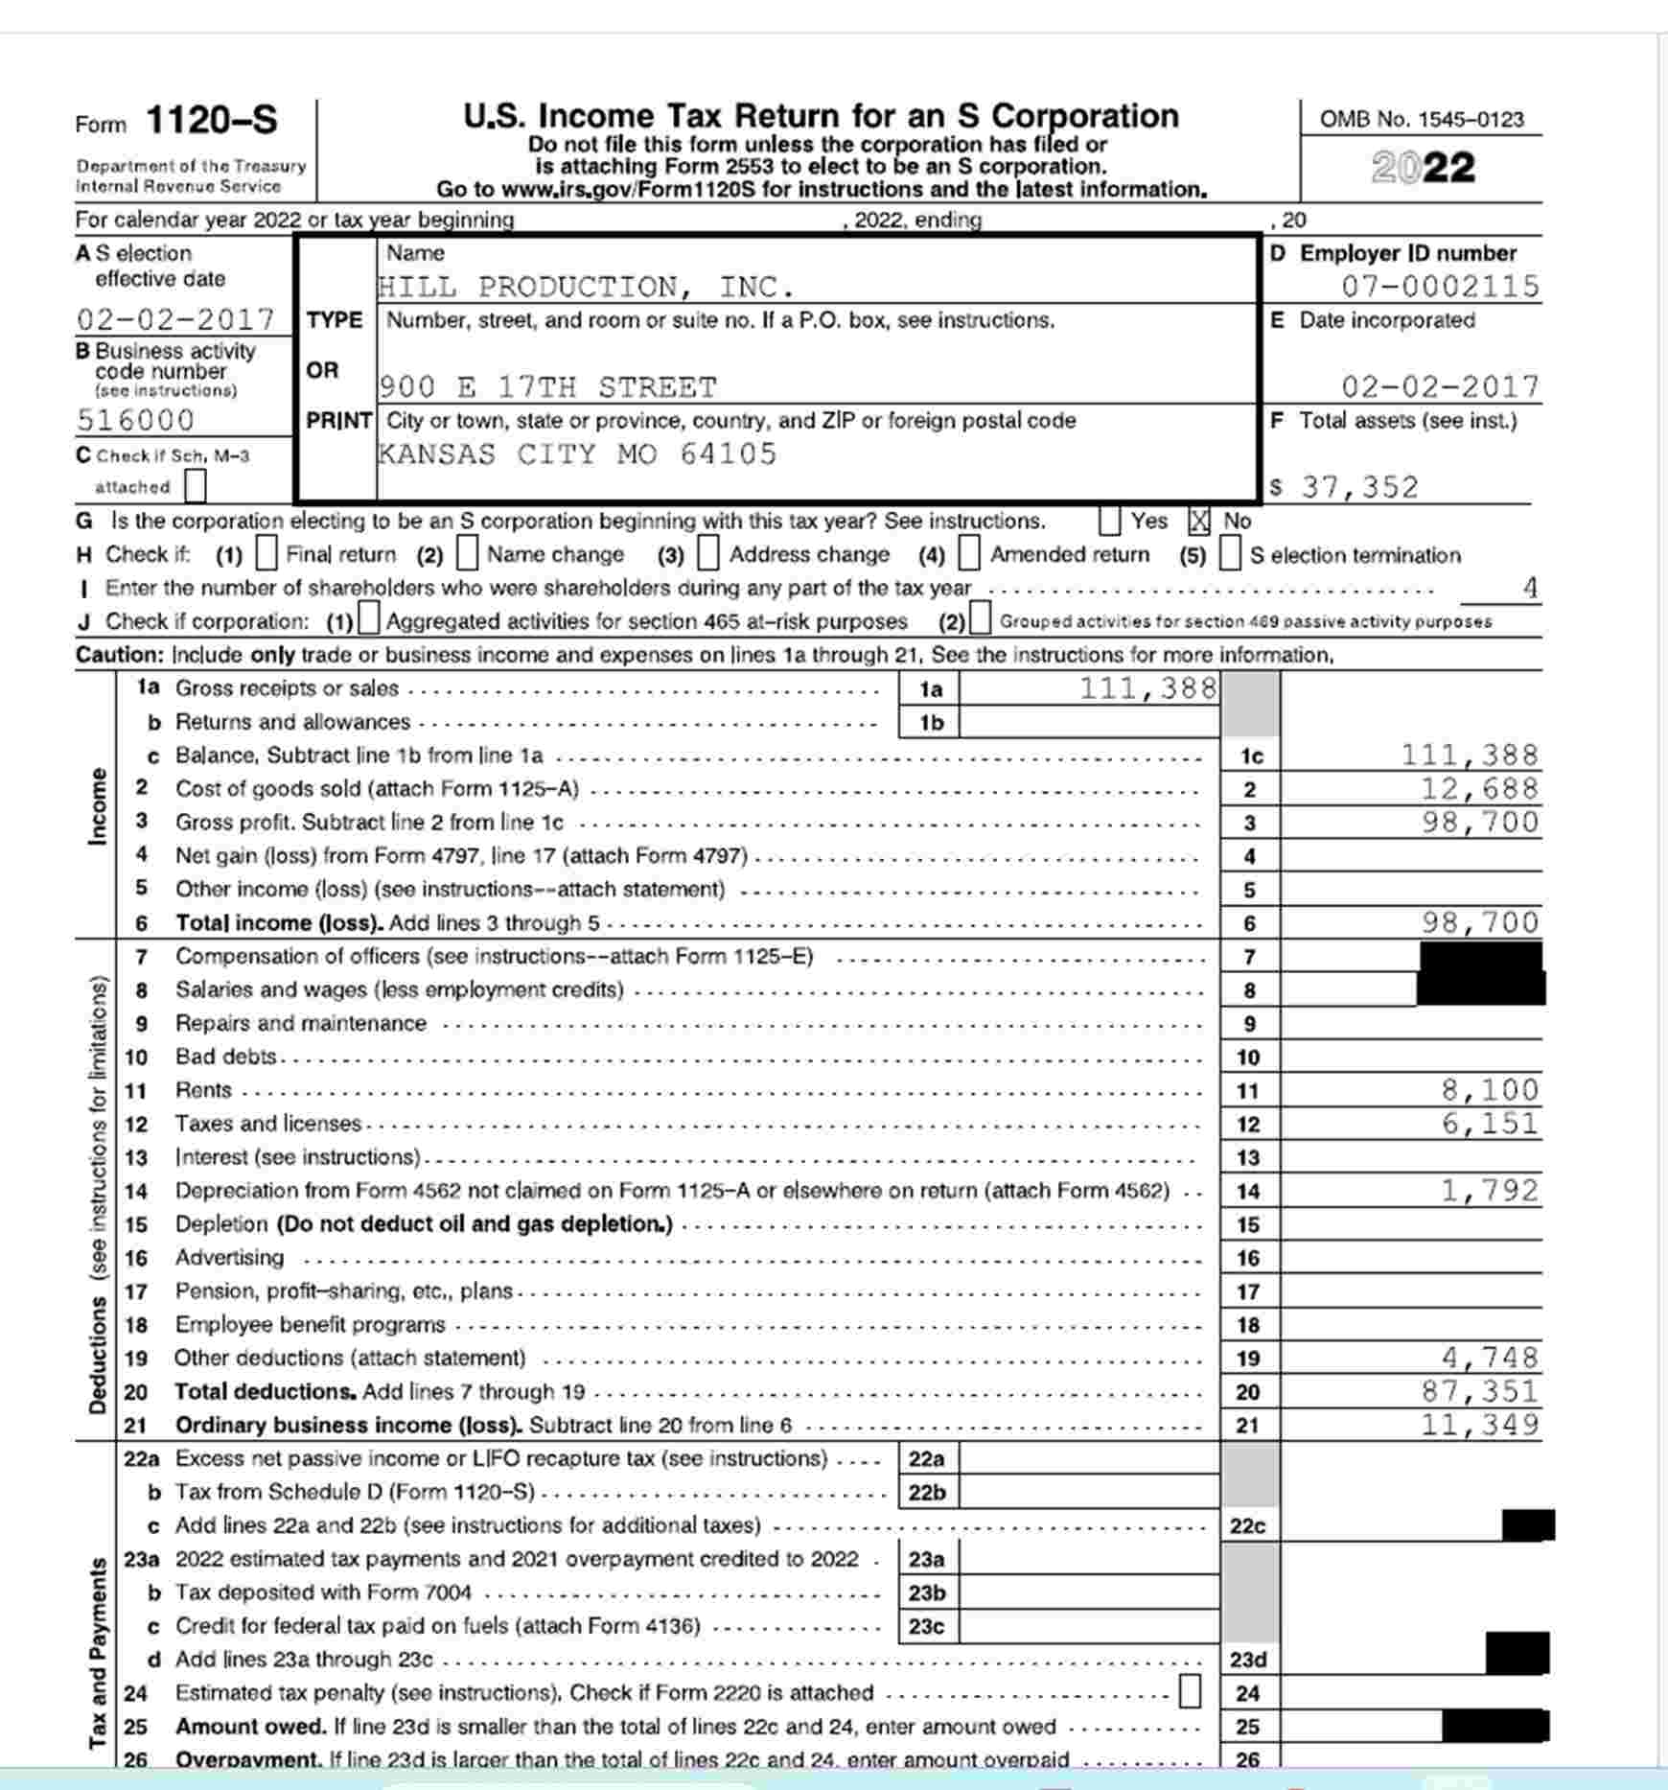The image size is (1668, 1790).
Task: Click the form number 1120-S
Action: coord(211,122)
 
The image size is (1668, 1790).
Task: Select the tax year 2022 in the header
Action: coord(1423,168)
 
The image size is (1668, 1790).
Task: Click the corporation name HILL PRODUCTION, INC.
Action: coord(586,287)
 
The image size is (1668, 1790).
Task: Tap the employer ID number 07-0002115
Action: coord(1439,286)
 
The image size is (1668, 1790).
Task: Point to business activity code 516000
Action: coord(135,420)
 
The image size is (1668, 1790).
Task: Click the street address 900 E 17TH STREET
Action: coord(547,387)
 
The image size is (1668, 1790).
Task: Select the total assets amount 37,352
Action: coord(1359,487)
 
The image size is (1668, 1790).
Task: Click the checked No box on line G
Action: coord(1199,522)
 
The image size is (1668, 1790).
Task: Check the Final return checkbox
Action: coord(267,554)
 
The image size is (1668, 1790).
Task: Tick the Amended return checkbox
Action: coord(970,554)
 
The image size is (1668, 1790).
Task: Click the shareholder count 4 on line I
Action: coord(1530,587)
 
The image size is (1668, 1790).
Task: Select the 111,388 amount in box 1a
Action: coord(1147,688)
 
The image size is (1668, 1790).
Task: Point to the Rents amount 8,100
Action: coord(1490,1090)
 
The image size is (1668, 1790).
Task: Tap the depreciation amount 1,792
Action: coord(1490,1191)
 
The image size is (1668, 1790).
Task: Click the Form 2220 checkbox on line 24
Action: coord(1189,1691)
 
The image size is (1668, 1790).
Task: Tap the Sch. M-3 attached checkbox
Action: coord(196,486)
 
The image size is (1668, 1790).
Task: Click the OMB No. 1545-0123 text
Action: coord(1422,120)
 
